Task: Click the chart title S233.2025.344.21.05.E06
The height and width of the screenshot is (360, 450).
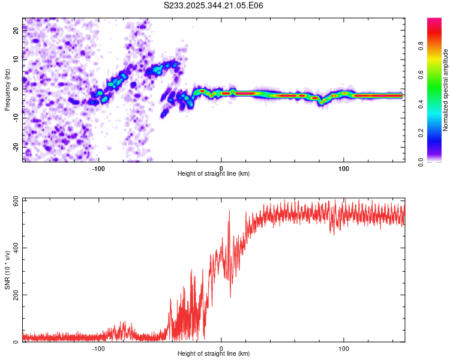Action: click(214, 5)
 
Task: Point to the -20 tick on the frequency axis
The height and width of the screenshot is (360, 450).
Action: click(16, 146)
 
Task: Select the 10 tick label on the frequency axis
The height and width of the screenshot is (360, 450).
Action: click(16, 59)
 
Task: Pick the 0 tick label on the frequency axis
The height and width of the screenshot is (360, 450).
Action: click(16, 88)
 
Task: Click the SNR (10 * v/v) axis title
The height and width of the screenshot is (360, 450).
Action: click(7, 270)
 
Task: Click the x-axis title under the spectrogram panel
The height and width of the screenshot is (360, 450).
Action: click(214, 173)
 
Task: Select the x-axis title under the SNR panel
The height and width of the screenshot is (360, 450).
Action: click(214, 353)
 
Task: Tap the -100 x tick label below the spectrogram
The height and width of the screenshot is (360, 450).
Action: click(99, 168)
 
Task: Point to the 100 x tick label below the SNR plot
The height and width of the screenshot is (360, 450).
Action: click(344, 348)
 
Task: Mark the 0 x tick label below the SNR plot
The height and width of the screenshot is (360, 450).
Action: click(221, 348)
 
